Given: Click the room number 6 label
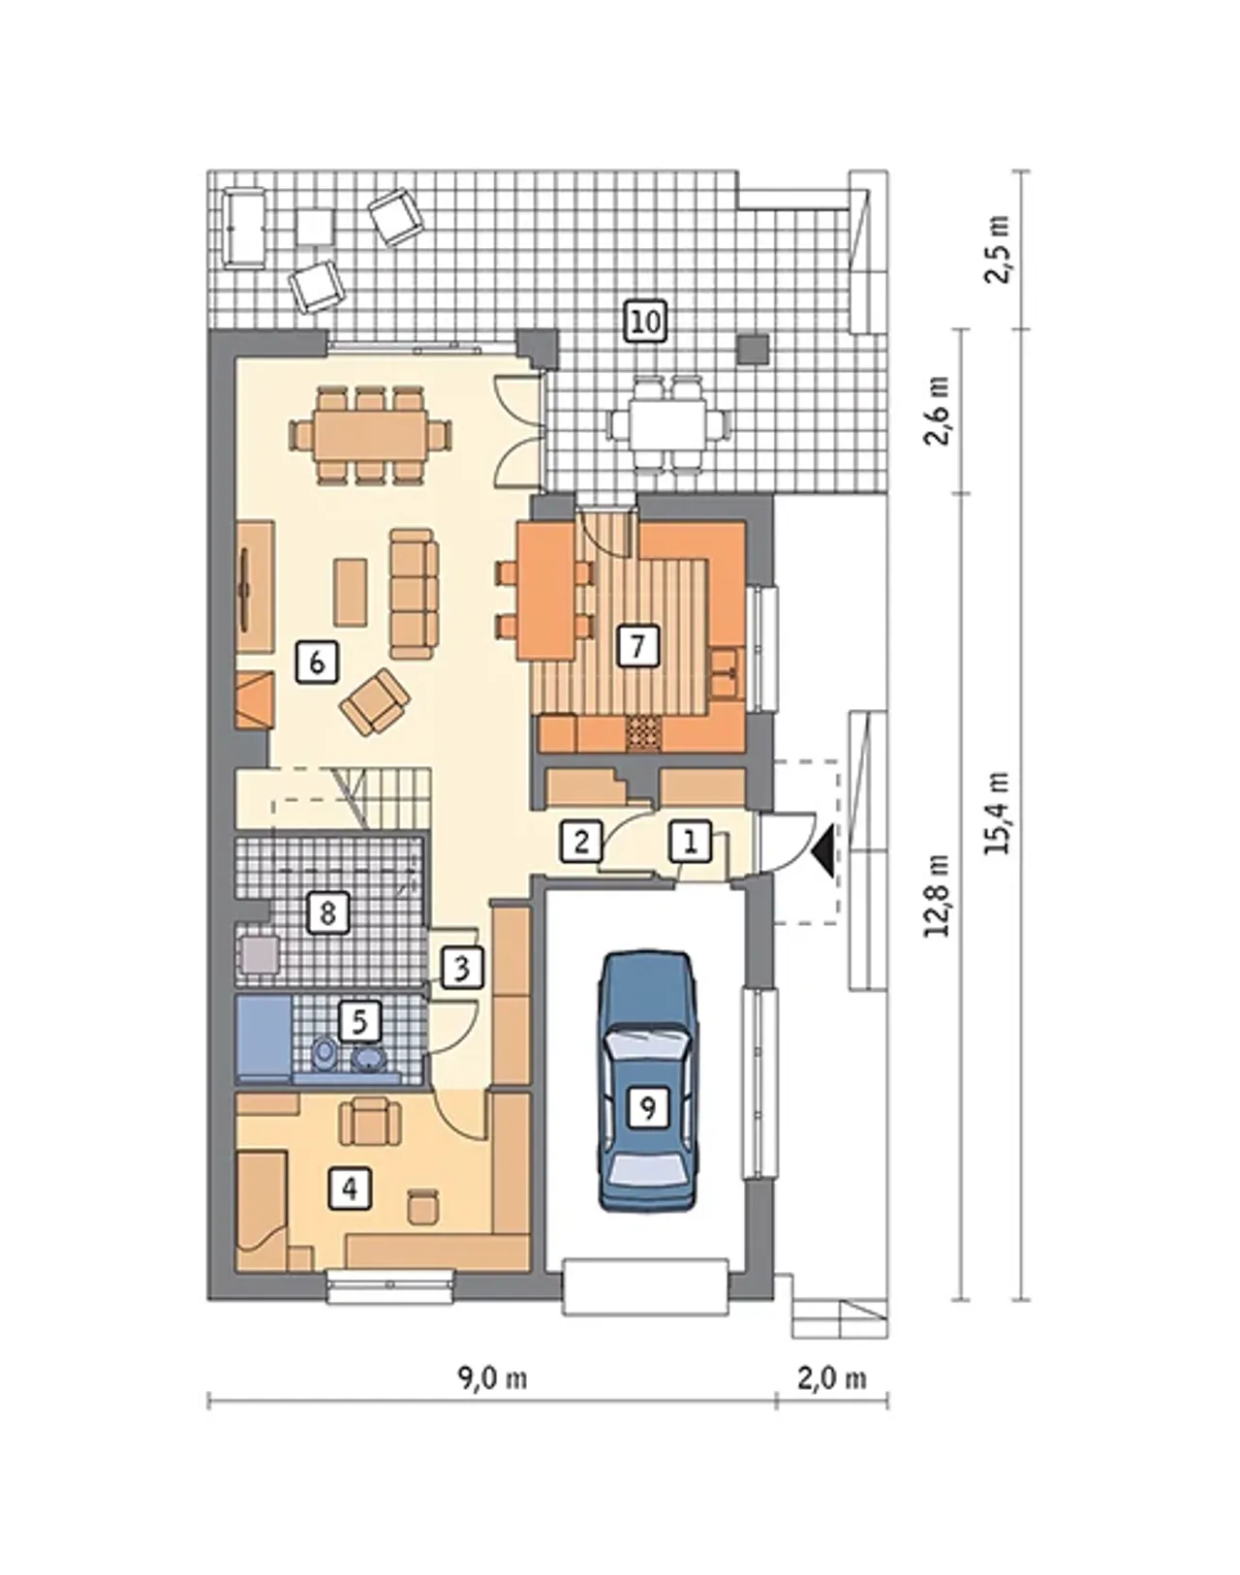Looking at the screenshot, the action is pos(316,664).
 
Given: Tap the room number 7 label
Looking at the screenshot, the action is pos(636,647).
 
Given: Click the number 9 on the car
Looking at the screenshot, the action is pos(648,1107).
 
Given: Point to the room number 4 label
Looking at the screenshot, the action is pos(351,1188).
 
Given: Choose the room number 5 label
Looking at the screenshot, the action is pos(359,1022).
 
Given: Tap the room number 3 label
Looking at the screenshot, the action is pos(461,969).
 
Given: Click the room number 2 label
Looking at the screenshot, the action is pos(581,841).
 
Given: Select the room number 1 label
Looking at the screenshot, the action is pos(691,841).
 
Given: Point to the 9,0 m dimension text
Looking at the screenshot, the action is pos(492,1379).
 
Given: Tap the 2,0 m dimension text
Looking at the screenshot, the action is pos(832,1379).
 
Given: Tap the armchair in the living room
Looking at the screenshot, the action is pos(376,699).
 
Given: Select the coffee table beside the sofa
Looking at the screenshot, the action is pos(351,592).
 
